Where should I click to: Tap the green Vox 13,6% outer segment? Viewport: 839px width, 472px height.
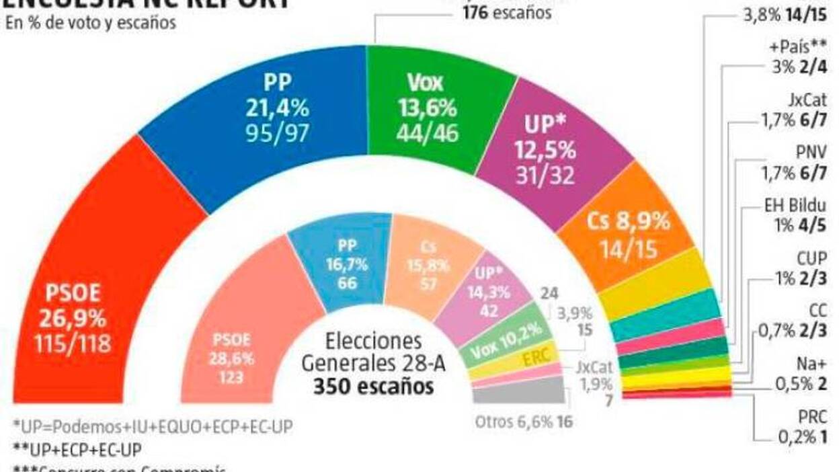pyautogui.click(x=430, y=108)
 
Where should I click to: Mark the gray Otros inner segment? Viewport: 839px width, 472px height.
pyautogui.click(x=518, y=390)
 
